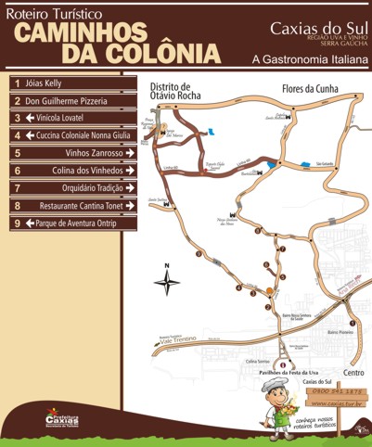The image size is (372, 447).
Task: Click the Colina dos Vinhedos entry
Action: click(x=96, y=171)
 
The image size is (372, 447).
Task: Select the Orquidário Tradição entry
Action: click(x=97, y=188)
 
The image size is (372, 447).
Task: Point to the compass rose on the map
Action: click(x=167, y=282)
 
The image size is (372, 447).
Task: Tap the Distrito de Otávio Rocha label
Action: click(x=170, y=90)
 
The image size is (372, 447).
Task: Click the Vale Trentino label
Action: click(x=182, y=340)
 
